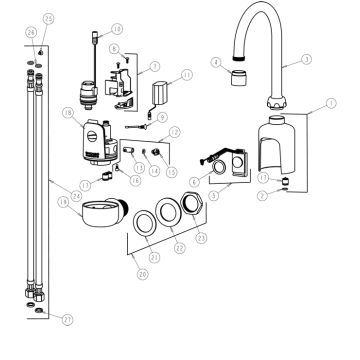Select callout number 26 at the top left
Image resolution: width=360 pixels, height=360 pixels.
(31, 33)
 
